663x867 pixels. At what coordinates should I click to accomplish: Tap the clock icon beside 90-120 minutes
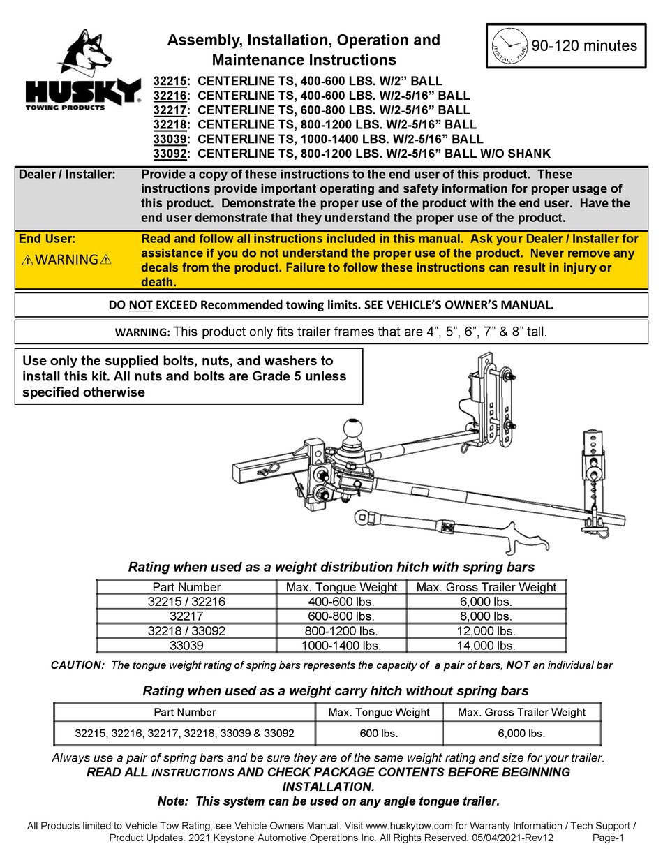[510, 46]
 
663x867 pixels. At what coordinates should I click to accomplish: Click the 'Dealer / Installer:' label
[67, 175]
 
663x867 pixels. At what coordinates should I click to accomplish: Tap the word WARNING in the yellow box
[66, 260]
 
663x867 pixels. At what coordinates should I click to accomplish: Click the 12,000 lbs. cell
[486, 631]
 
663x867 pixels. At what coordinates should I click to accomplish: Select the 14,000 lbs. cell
[486, 646]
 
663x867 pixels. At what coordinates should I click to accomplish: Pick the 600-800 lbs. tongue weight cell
[341, 616]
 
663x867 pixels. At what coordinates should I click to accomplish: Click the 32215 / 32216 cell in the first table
[186, 602]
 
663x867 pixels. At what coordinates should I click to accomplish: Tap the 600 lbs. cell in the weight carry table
[378, 733]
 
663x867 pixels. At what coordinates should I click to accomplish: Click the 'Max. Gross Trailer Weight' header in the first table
[486, 587]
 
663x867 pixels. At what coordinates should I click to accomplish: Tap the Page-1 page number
[607, 838]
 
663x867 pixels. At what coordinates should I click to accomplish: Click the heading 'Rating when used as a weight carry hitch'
[335, 691]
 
